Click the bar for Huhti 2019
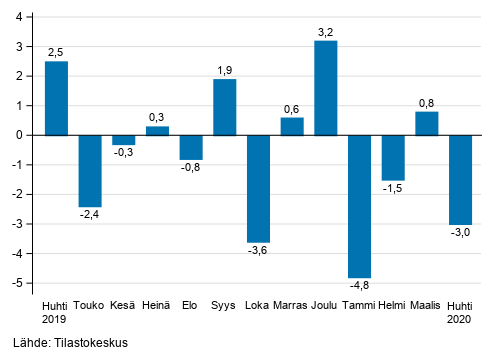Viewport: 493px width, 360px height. [57, 98]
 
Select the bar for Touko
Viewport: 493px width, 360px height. [90, 170]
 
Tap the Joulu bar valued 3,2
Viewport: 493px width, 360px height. [326, 88]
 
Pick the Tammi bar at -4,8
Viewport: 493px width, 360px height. [359, 206]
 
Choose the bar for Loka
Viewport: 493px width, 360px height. [258, 188]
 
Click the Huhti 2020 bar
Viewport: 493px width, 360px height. [460, 179]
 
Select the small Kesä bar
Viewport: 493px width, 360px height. [124, 140]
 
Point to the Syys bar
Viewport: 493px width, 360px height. [225, 107]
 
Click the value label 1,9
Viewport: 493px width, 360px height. [225, 70]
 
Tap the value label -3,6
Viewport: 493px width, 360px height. [258, 251]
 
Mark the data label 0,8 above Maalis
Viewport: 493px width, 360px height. [427, 102]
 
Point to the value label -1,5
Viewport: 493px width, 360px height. [393, 189]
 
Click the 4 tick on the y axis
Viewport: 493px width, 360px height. [25, 17]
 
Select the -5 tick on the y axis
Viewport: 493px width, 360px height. [23, 284]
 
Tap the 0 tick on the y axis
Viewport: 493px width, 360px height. [25, 135]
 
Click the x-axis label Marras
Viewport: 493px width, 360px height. [292, 306]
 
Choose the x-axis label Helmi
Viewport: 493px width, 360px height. [393, 306]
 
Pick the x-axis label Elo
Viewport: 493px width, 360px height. [191, 306]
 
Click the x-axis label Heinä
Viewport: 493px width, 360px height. [157, 306]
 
